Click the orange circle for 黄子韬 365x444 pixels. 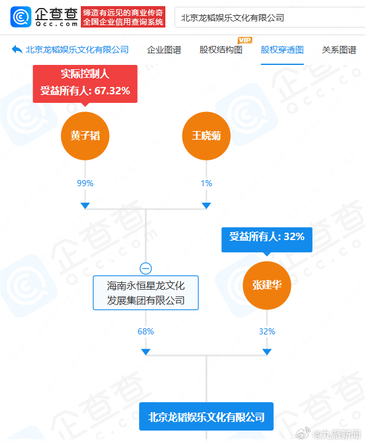[85, 136]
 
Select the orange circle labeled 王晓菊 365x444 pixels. [206, 136]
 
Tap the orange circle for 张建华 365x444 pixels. [267, 285]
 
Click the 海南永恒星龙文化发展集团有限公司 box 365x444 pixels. [146, 293]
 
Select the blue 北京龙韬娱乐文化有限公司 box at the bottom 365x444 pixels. [206, 416]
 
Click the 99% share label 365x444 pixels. [85, 183]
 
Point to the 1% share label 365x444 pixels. [206, 183]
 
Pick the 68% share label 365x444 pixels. [146, 331]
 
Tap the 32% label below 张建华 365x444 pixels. [267, 331]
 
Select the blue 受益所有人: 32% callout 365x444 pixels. [267, 239]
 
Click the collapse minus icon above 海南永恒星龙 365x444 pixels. [146, 268]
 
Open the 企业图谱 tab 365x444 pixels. [164, 50]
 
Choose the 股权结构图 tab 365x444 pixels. [221, 50]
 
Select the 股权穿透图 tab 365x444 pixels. [282, 50]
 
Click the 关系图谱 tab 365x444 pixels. [339, 50]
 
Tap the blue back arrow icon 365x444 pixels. [17, 50]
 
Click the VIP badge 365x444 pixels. [245, 40]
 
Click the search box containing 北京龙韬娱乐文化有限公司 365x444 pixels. [269, 18]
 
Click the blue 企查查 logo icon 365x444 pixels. [21, 17]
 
